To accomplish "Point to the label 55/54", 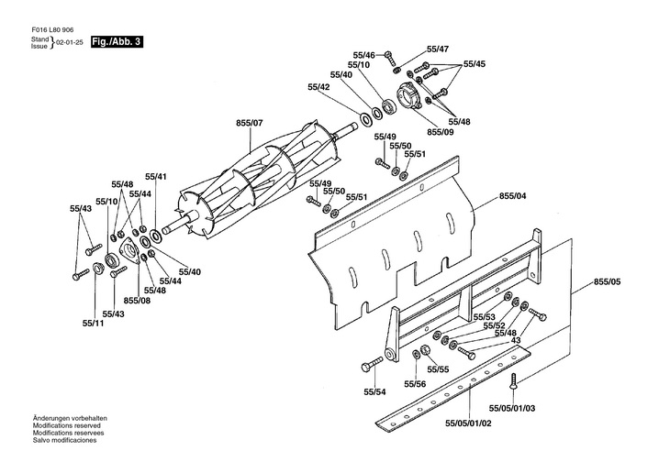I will click(374, 392).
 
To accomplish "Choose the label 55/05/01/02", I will click(470, 423).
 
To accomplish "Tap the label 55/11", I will click(92, 323).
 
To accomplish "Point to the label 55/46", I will click(363, 54).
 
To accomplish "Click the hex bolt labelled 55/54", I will click(374, 364).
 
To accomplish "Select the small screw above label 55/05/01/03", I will click(516, 379).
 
